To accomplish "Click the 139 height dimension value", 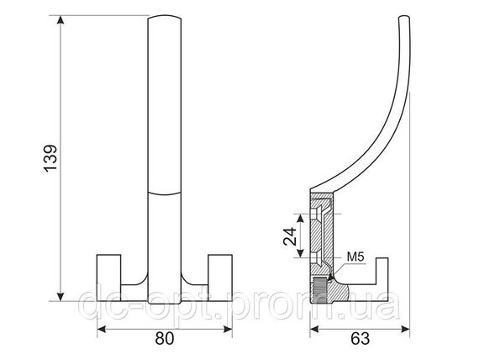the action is click(50, 159).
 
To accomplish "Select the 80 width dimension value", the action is click(165, 339).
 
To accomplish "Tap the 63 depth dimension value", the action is click(361, 339).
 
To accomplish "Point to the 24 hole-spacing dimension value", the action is click(290, 236).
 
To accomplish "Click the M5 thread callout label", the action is click(355, 257).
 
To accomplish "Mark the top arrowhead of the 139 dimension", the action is click(61, 19).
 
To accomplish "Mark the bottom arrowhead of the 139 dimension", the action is click(61, 296).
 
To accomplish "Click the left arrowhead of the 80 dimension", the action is click(102, 330).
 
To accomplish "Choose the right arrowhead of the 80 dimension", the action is click(228, 330).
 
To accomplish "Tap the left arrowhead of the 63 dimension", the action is click(314, 329).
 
